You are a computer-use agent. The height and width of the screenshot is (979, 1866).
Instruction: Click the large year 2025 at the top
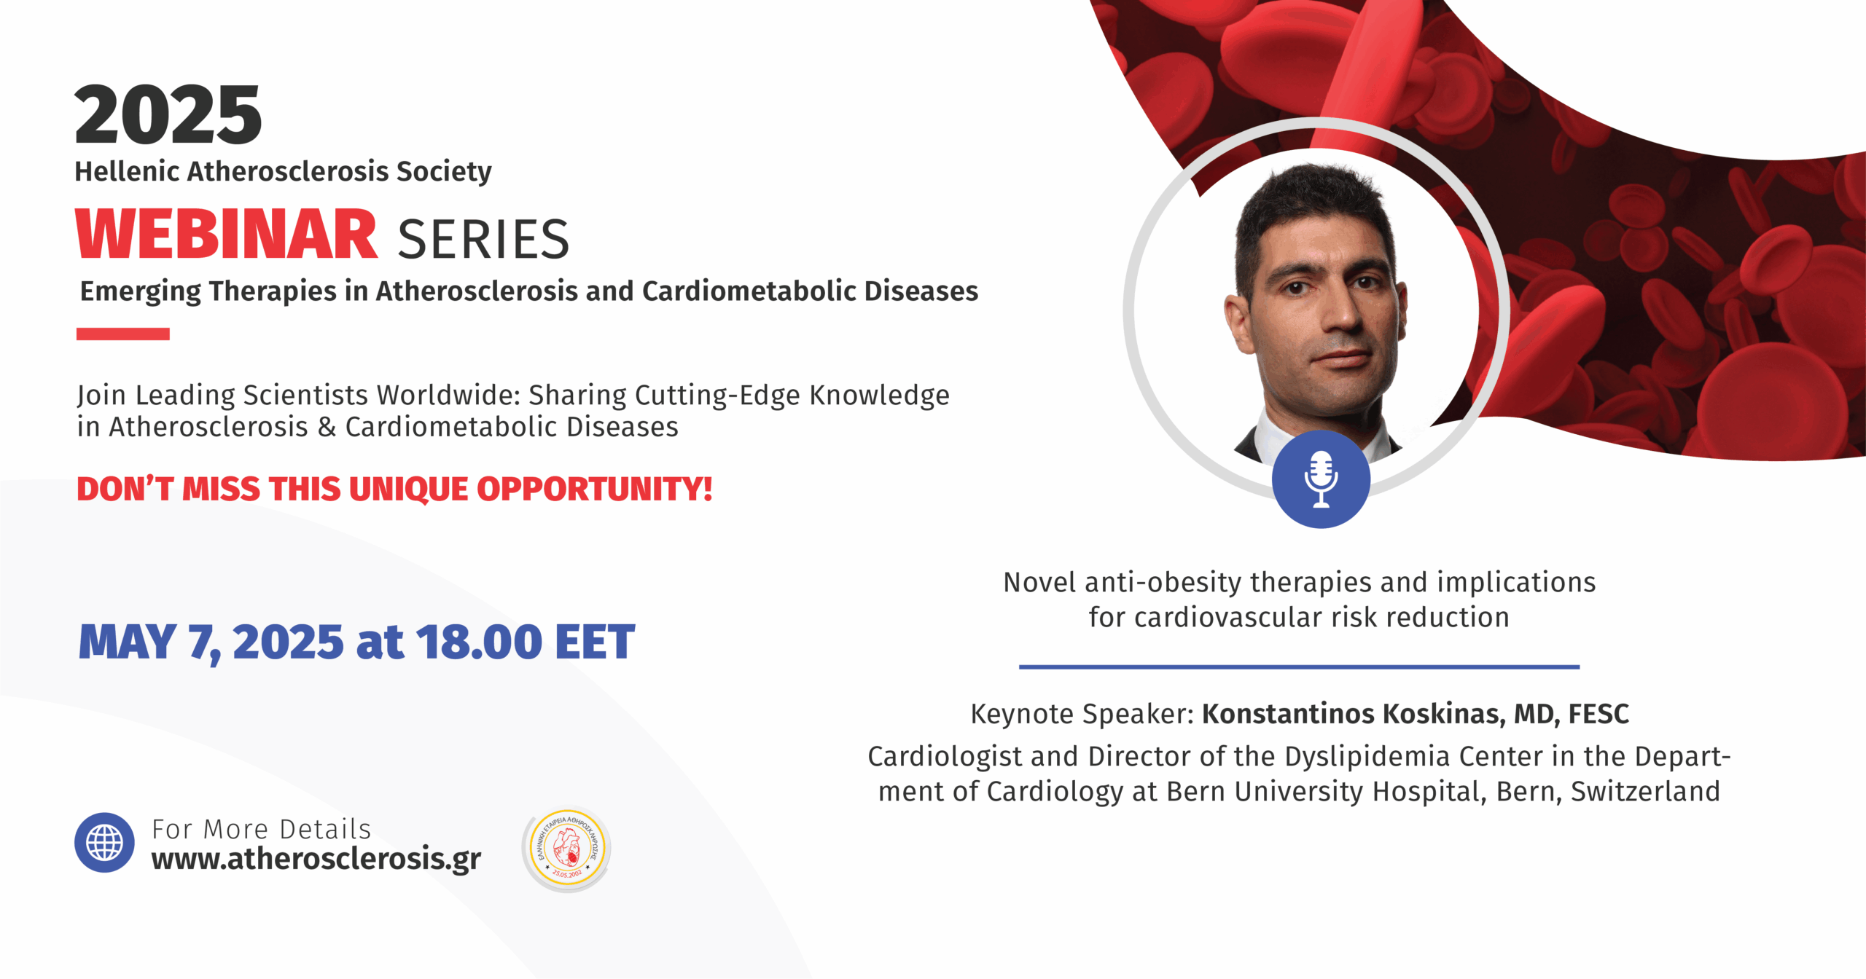coord(168,114)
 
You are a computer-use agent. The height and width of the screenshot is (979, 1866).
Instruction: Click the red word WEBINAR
coord(227,235)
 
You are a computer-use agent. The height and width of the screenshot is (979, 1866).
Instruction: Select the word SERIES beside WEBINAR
coord(483,239)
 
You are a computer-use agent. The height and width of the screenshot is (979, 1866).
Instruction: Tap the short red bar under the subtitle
coord(123,334)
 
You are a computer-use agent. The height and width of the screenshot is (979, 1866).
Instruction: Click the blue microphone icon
coord(1321,479)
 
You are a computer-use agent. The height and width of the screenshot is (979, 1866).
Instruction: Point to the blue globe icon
coord(104,843)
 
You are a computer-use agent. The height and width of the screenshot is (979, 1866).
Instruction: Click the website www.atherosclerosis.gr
coord(316,860)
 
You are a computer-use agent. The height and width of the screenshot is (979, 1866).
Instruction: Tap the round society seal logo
coord(567,849)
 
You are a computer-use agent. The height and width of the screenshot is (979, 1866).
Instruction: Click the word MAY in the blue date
coord(128,642)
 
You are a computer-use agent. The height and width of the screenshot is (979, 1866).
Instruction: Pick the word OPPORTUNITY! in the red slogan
coord(595,489)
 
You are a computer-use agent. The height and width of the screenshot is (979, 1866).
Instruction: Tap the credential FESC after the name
coord(1598,714)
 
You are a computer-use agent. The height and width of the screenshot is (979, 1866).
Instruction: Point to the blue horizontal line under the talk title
coord(1299,667)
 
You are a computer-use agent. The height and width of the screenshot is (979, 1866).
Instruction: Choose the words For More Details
coord(262,829)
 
